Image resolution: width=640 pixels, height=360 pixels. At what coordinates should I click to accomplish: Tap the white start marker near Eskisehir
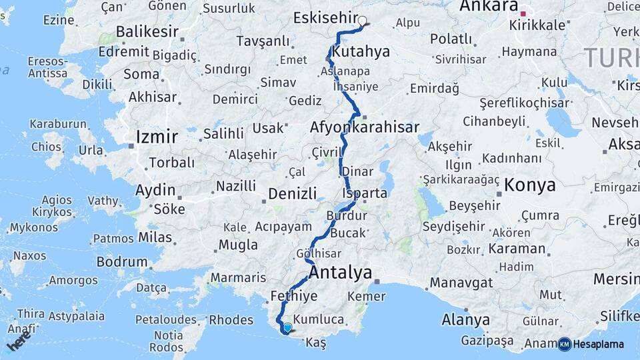(363, 21)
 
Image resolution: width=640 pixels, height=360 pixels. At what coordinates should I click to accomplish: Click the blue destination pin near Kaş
(287, 327)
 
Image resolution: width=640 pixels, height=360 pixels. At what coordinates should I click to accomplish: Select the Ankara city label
(489, 7)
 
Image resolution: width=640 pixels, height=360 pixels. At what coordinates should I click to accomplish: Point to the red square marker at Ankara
(523, 13)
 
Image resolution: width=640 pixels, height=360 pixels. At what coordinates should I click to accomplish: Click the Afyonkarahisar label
(365, 127)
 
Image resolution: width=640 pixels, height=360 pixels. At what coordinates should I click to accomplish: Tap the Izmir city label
(157, 137)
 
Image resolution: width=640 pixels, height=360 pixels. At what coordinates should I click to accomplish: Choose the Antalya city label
(341, 272)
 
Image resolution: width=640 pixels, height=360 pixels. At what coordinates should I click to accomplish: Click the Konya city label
(530, 185)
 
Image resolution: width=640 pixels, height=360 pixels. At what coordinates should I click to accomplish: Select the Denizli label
(292, 194)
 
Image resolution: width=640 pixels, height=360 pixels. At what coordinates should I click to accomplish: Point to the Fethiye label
(293, 295)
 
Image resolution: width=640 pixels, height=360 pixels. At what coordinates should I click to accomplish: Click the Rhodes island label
(231, 320)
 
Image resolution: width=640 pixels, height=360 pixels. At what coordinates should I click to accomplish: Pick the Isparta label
(364, 193)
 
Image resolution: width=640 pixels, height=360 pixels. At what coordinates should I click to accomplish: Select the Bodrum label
(122, 262)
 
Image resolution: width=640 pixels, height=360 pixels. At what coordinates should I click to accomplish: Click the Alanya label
(465, 320)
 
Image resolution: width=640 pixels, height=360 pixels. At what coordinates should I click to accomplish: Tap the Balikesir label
(147, 31)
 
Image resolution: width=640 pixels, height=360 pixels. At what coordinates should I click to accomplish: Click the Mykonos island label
(33, 228)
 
